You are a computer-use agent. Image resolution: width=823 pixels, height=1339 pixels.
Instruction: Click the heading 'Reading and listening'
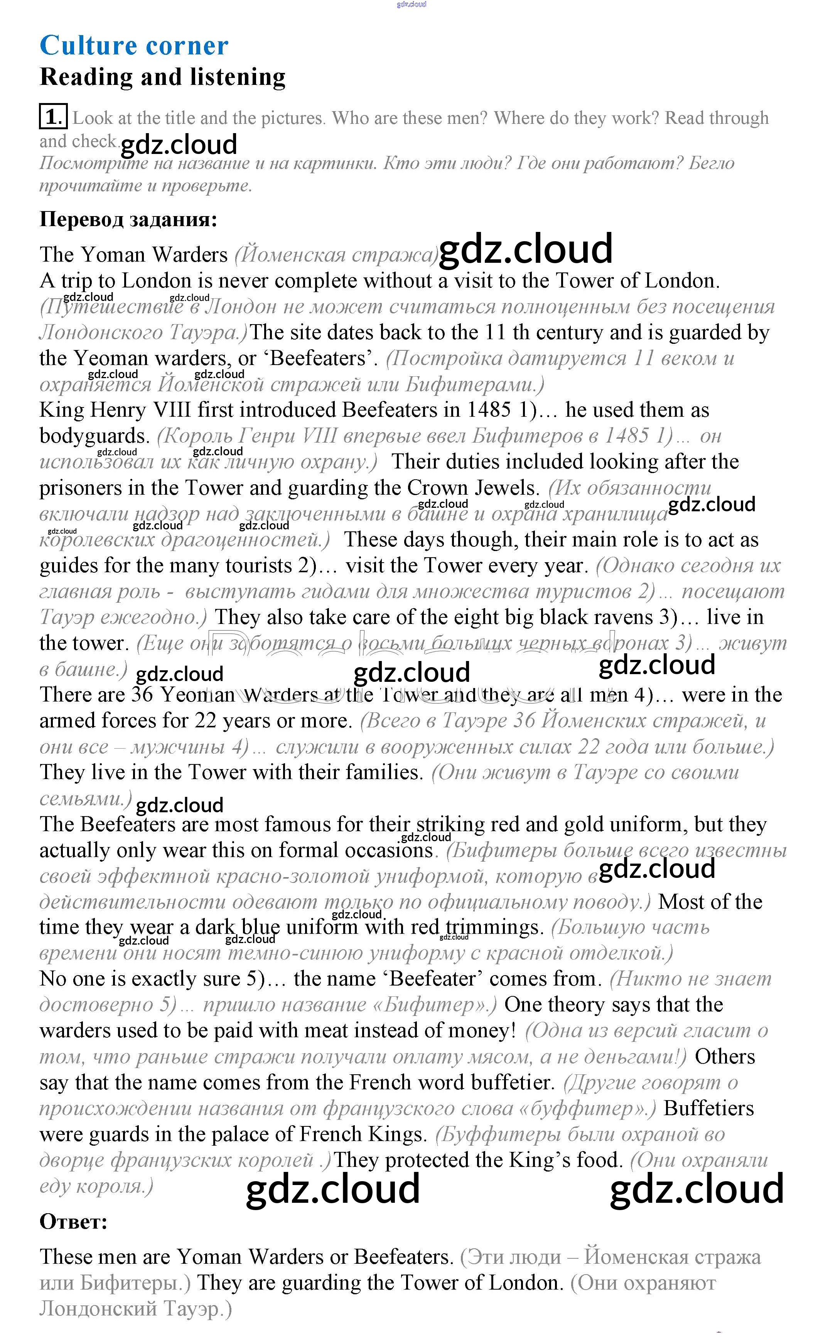tap(162, 77)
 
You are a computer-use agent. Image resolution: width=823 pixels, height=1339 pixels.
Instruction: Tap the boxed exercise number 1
tap(53, 117)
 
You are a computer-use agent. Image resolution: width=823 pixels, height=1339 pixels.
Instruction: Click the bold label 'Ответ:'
tap(74, 1222)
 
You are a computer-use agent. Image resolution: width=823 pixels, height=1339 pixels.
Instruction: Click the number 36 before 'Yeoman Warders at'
tap(143, 695)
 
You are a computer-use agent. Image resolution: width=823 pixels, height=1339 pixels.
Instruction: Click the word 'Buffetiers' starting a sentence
tap(709, 1108)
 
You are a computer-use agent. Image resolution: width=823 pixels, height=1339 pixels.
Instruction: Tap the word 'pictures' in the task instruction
tap(292, 118)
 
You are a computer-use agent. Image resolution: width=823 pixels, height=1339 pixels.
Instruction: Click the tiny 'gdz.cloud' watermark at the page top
tap(412, 4)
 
